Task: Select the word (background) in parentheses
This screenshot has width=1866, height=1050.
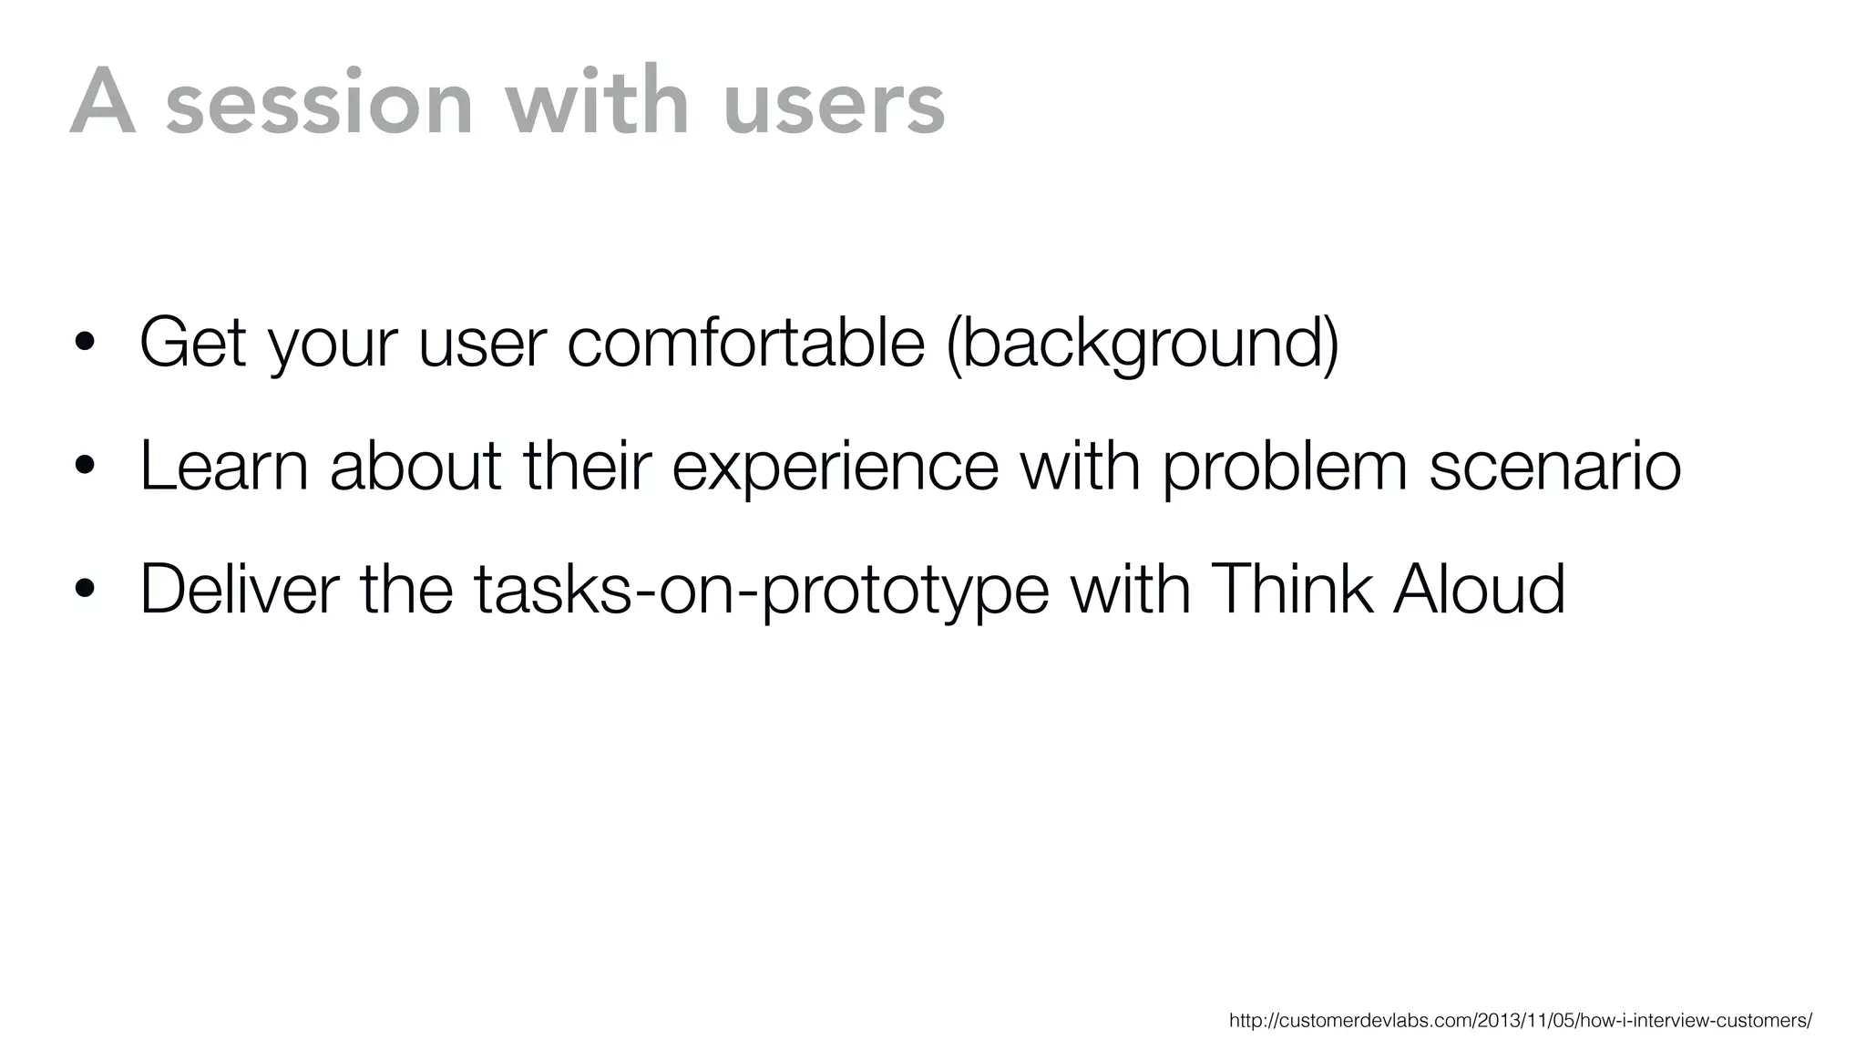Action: tap(1143, 345)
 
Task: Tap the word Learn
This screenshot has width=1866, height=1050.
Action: tap(224, 466)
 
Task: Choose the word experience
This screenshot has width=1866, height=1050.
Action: tap(835, 468)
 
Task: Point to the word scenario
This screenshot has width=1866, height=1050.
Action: tap(1554, 466)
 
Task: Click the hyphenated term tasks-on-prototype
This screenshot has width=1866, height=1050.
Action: tap(761, 591)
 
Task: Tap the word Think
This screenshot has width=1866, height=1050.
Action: tap(1293, 589)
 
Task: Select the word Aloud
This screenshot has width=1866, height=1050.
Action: tap(1479, 589)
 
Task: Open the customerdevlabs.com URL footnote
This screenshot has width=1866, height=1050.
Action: tap(1520, 1021)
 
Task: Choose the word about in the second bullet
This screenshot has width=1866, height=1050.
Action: tap(415, 466)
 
